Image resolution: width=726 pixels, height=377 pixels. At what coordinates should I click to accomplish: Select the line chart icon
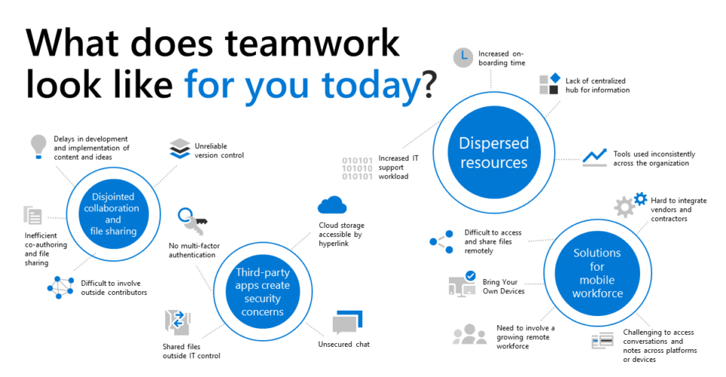595,156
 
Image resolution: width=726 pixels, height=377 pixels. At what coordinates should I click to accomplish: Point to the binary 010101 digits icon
357,168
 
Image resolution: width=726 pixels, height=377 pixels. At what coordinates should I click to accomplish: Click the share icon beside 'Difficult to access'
438,241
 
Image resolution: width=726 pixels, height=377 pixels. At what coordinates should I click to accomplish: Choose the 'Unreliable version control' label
219,151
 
